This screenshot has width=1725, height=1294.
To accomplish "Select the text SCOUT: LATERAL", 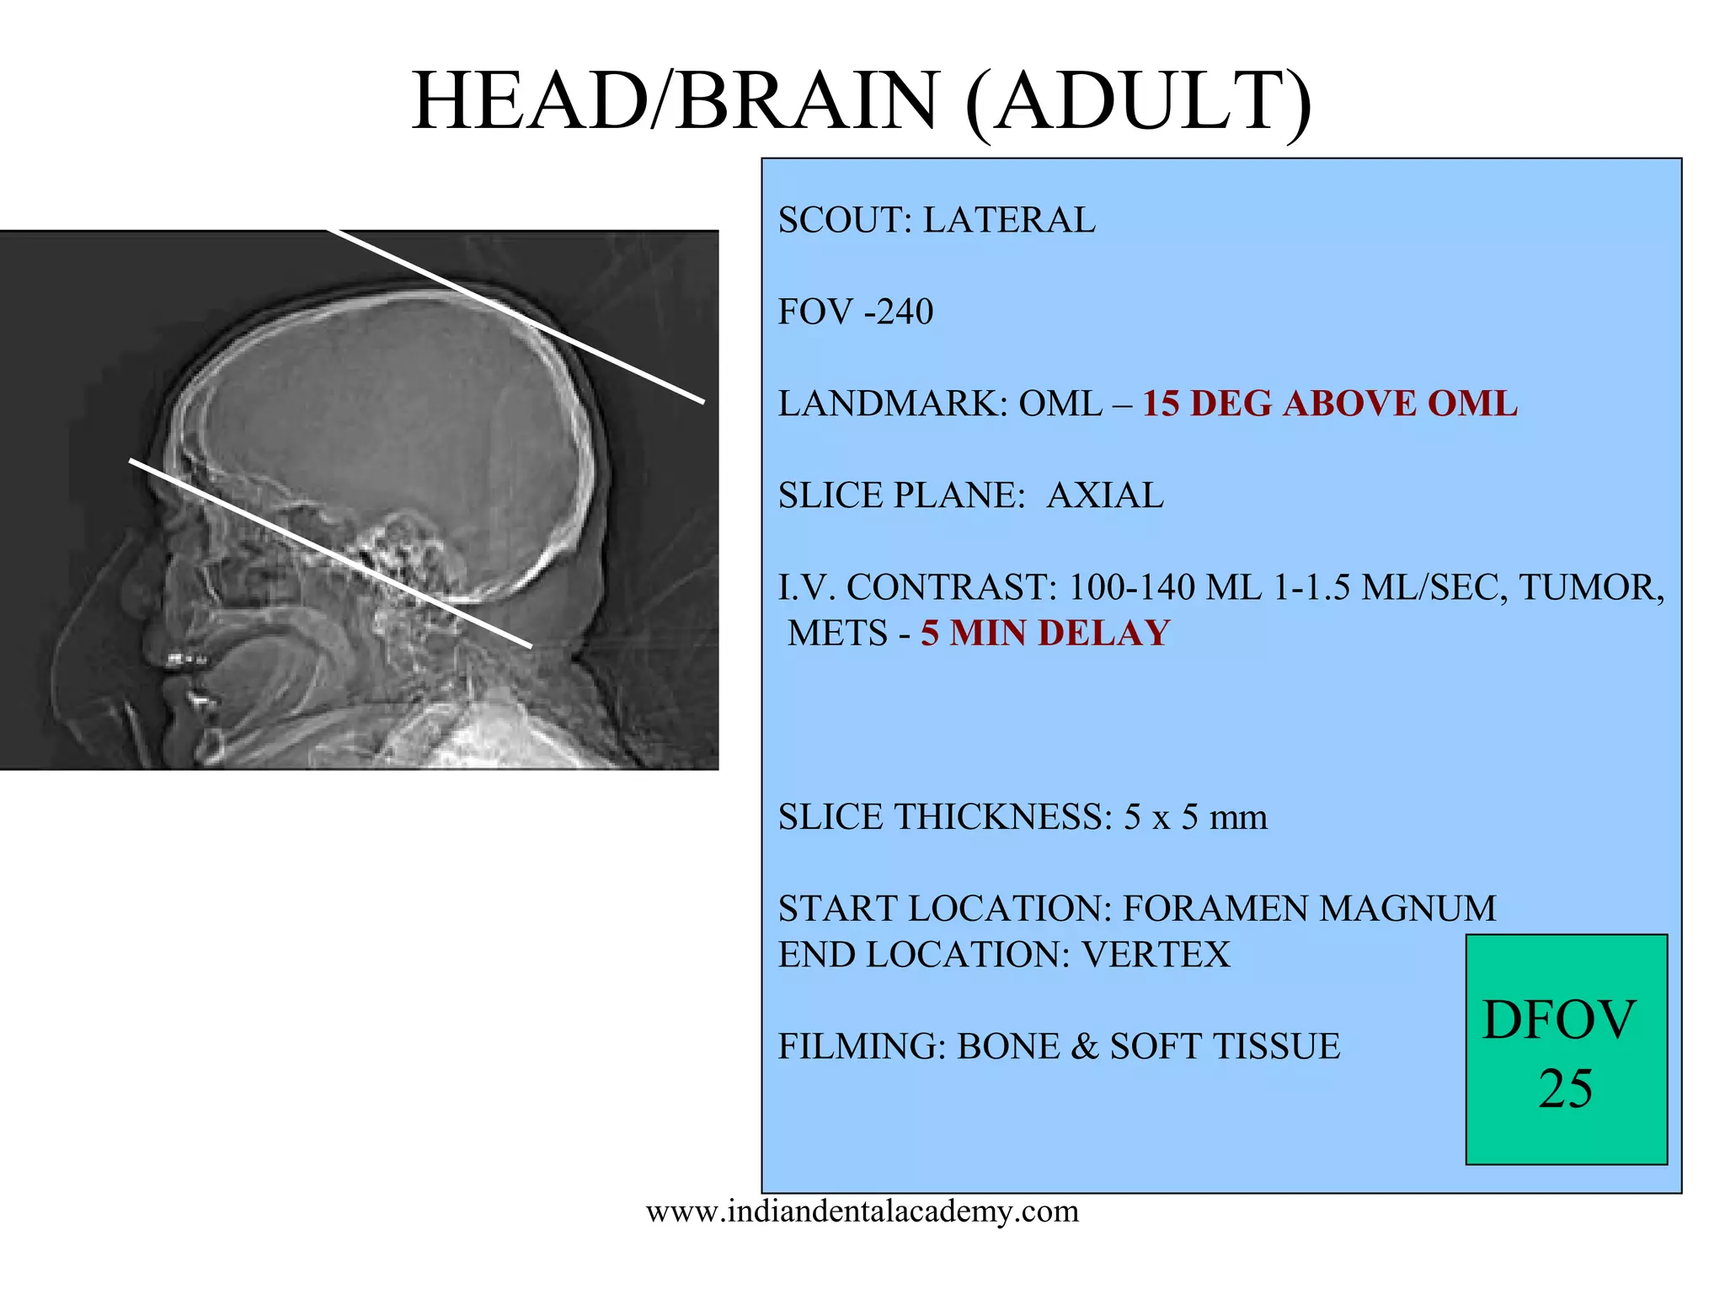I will (936, 221).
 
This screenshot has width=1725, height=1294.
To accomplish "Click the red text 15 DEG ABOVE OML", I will (1329, 404).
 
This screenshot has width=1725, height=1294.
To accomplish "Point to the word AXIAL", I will (1104, 496).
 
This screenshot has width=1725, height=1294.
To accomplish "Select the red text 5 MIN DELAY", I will (1044, 634).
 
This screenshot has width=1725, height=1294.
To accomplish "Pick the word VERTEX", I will (1156, 955).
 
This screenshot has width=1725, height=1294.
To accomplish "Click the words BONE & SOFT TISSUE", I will (1148, 1047).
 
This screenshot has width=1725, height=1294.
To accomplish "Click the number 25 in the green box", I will (1565, 1089).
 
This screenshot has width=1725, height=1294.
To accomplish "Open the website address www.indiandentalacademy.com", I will (862, 1212).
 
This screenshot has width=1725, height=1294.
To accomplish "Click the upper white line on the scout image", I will (514, 315).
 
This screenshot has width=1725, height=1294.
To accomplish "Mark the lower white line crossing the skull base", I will (328, 553).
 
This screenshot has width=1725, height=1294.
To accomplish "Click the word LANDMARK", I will (892, 404).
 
